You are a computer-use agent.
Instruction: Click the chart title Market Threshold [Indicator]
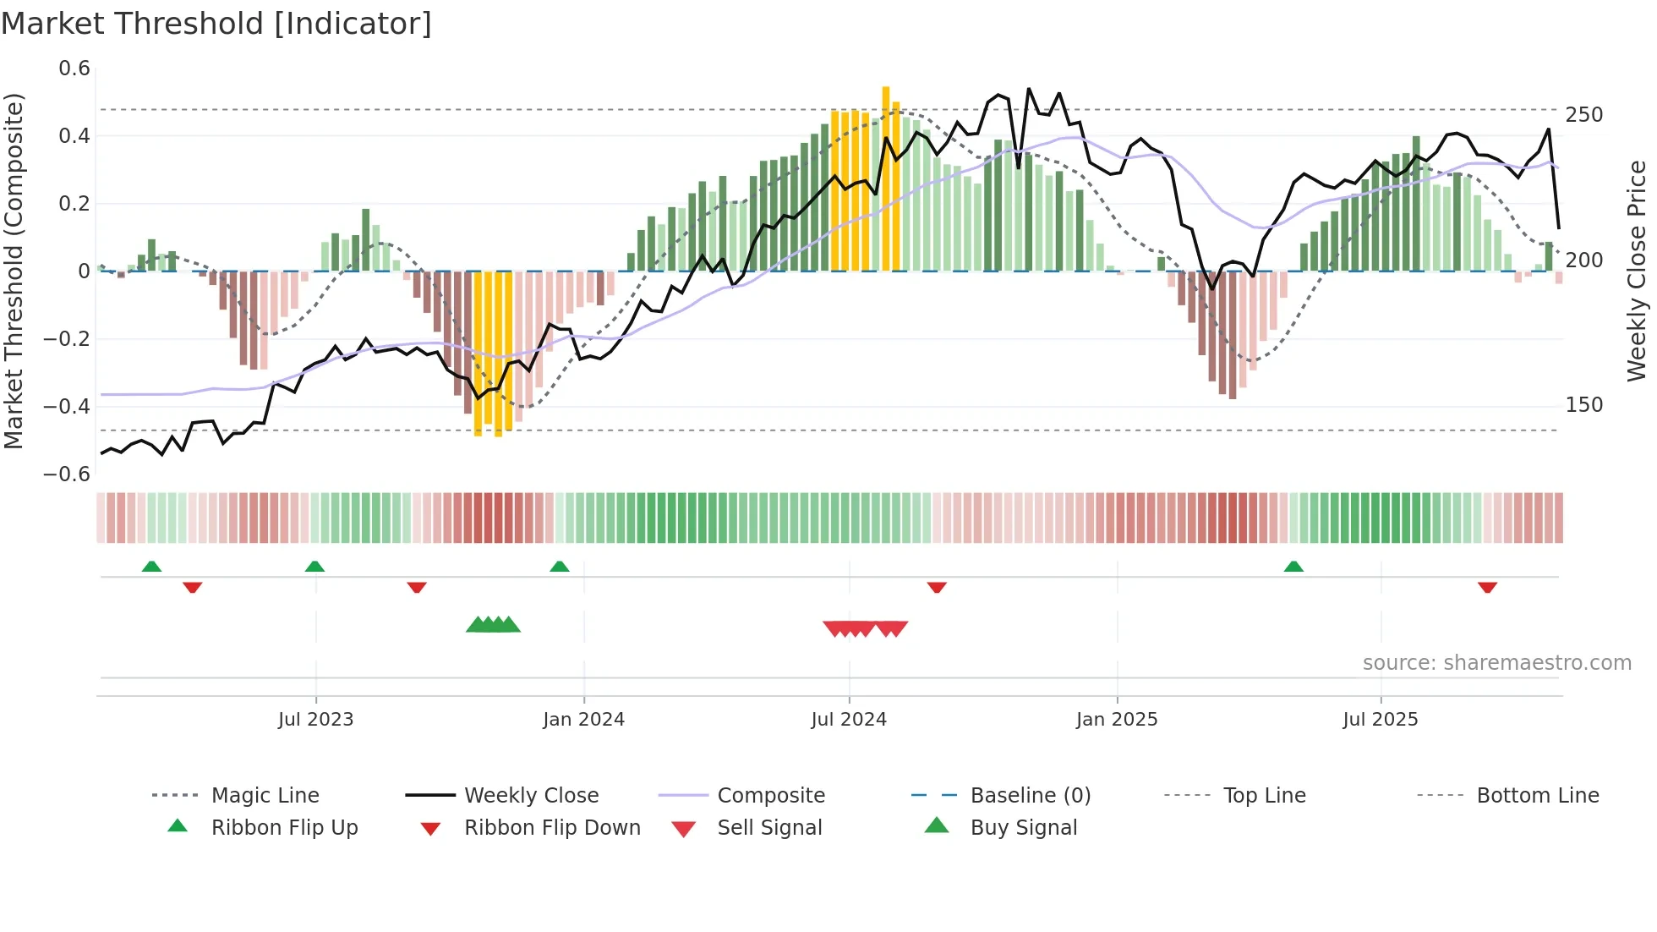(216, 24)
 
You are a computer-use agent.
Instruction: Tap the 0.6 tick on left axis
(74, 69)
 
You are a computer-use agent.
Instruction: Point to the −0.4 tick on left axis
(67, 407)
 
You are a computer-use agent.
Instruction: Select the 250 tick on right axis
(1583, 115)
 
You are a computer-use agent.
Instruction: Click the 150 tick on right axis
(1583, 405)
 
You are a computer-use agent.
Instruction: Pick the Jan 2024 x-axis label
(583, 720)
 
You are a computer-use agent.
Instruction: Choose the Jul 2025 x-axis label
(1380, 720)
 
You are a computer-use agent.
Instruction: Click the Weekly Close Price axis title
(1636, 271)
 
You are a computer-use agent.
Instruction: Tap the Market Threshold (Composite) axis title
(14, 271)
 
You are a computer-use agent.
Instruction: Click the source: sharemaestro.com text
(1496, 663)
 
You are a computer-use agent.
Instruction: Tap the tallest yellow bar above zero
(885, 178)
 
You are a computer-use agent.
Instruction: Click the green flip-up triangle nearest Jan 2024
(559, 567)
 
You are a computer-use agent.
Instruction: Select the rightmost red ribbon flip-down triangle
(1487, 587)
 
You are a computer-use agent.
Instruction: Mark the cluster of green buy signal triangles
(493, 625)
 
